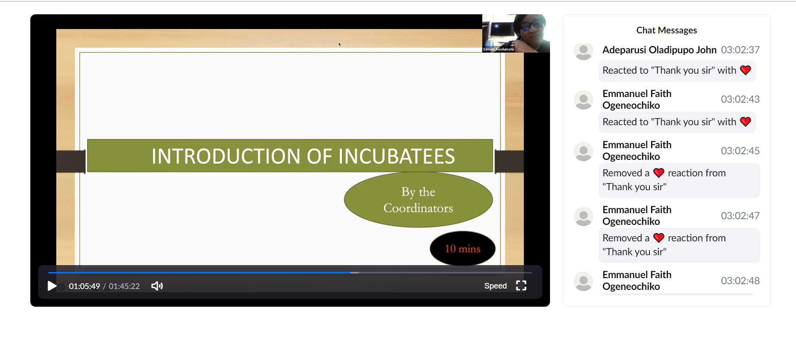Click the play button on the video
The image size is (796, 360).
[52, 286]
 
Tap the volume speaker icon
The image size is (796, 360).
[157, 286]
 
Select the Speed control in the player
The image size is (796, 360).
[495, 286]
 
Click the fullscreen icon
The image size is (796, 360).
[521, 285]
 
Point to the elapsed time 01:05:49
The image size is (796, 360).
[84, 286]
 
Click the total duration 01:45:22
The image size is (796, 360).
[124, 286]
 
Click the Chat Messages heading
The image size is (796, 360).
[667, 30]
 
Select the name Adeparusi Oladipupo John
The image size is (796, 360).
[659, 50]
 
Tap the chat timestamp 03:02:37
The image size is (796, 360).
[740, 50]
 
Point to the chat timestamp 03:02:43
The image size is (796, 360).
[740, 99]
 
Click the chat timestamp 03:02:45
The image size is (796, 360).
[740, 151]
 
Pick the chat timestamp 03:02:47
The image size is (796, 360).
[740, 216]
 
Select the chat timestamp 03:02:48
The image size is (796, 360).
[740, 281]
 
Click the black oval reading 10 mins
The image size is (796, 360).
[463, 249]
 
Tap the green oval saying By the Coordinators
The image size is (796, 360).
[418, 200]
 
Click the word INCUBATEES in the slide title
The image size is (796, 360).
[397, 156]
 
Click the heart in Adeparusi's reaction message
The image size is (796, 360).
[745, 70]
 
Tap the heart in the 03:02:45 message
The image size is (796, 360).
[659, 173]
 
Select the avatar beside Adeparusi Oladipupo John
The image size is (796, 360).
[583, 51]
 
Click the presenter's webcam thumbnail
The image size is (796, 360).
[516, 33]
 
